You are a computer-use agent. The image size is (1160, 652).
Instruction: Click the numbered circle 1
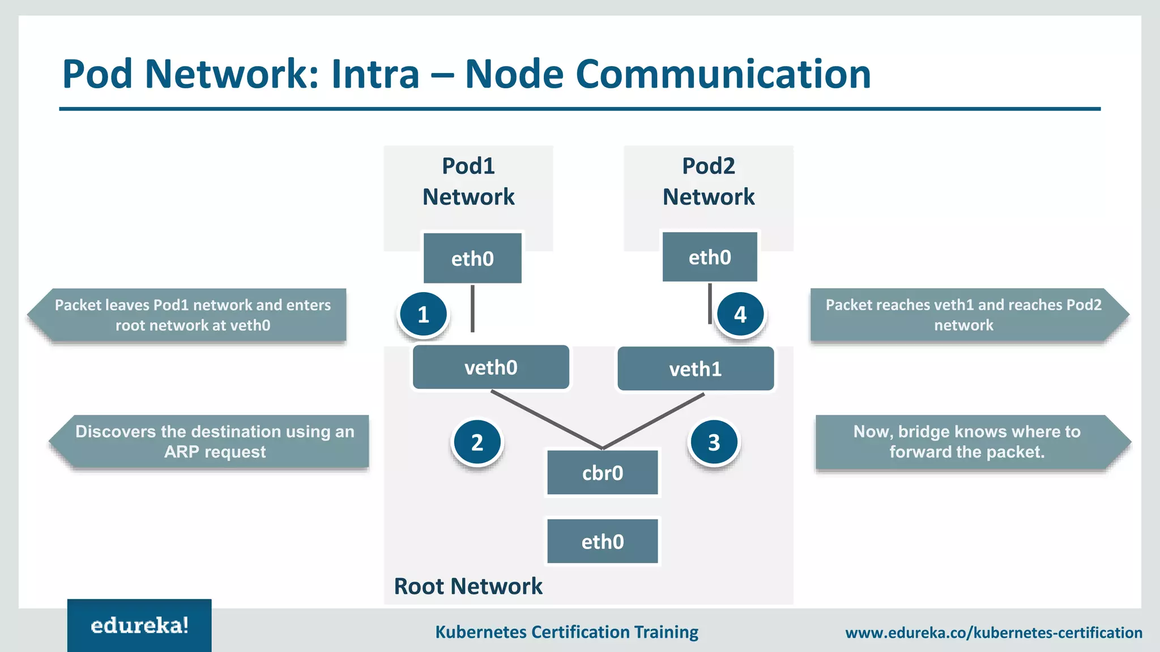pyautogui.click(x=423, y=314)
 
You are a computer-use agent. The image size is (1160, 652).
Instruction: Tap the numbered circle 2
pyautogui.click(x=477, y=442)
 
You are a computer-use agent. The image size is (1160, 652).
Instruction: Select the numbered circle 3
pyautogui.click(x=714, y=442)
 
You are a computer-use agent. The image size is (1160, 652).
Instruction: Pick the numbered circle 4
pyautogui.click(x=740, y=314)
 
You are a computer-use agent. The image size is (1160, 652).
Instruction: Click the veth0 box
pyautogui.click(x=491, y=367)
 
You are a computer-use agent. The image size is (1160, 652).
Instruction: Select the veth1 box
pyautogui.click(x=696, y=369)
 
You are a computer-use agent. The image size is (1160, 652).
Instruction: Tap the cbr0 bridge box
pyautogui.click(x=602, y=473)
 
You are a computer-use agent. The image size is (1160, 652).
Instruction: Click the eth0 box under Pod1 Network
pyautogui.click(x=472, y=258)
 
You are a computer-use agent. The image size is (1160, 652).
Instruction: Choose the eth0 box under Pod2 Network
pyautogui.click(x=710, y=257)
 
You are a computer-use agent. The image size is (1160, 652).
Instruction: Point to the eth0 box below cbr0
pyautogui.click(x=602, y=542)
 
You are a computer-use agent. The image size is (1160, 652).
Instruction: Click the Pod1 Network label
pyautogui.click(x=468, y=181)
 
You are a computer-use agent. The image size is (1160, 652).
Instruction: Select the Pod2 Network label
pyautogui.click(x=709, y=181)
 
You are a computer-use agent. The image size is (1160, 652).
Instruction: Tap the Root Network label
pyautogui.click(x=468, y=586)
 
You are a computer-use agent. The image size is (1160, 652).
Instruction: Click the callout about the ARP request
pyautogui.click(x=214, y=441)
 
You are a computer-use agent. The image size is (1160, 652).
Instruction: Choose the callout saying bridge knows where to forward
pyautogui.click(x=967, y=441)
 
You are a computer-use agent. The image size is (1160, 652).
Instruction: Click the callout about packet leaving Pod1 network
pyautogui.click(x=193, y=315)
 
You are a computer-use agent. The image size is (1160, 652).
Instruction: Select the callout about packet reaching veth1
pyautogui.click(x=963, y=315)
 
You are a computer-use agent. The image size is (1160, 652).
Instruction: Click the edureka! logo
pyautogui.click(x=139, y=625)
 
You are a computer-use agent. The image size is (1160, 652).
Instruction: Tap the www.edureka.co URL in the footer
pyautogui.click(x=993, y=633)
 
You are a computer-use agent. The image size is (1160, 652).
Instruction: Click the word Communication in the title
pyautogui.click(x=723, y=74)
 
